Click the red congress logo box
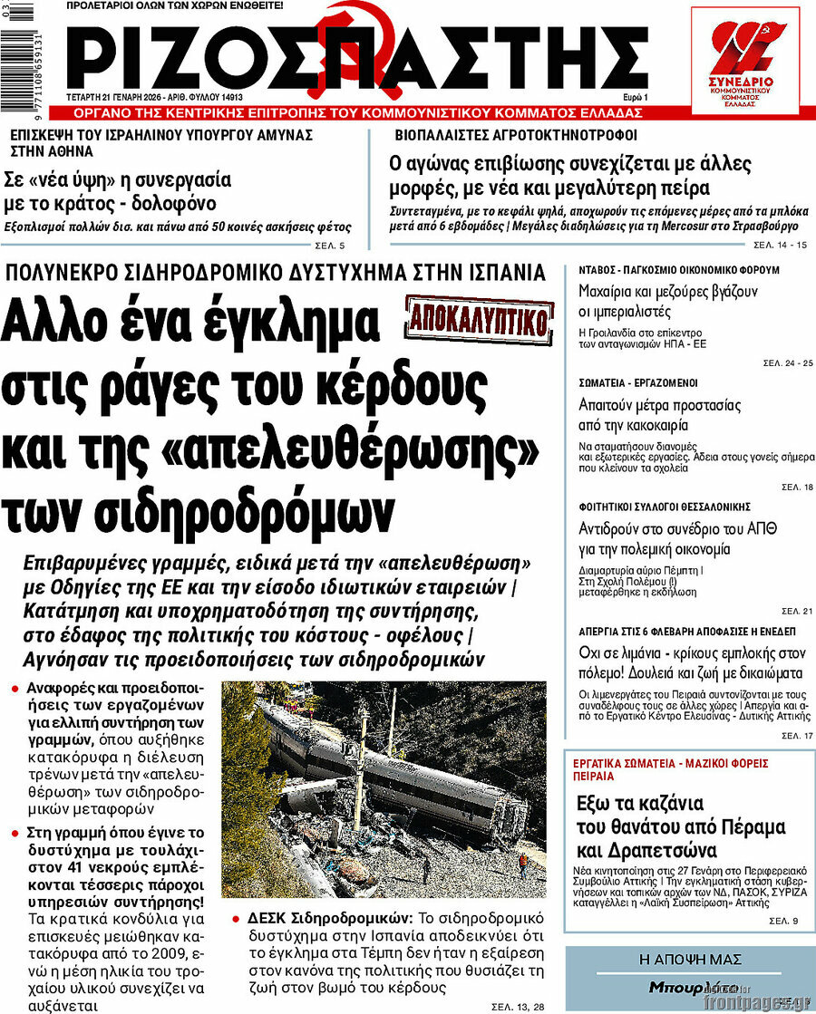point(744,60)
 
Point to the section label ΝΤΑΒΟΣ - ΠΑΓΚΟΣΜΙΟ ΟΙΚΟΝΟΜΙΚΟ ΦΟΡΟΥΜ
point(679,270)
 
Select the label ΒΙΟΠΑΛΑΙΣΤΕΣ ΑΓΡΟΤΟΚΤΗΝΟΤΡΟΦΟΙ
point(516,135)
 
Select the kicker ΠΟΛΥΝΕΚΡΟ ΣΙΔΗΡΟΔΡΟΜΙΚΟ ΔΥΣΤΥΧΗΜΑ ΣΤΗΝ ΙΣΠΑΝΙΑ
point(276,272)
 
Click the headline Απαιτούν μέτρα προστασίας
point(660,404)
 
